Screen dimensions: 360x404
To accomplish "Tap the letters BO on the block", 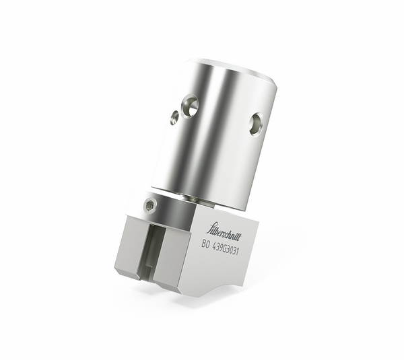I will [x=206, y=246].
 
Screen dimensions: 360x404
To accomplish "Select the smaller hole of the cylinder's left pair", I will [x=174, y=117].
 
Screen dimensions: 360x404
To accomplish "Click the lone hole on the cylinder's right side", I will [x=256, y=124].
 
